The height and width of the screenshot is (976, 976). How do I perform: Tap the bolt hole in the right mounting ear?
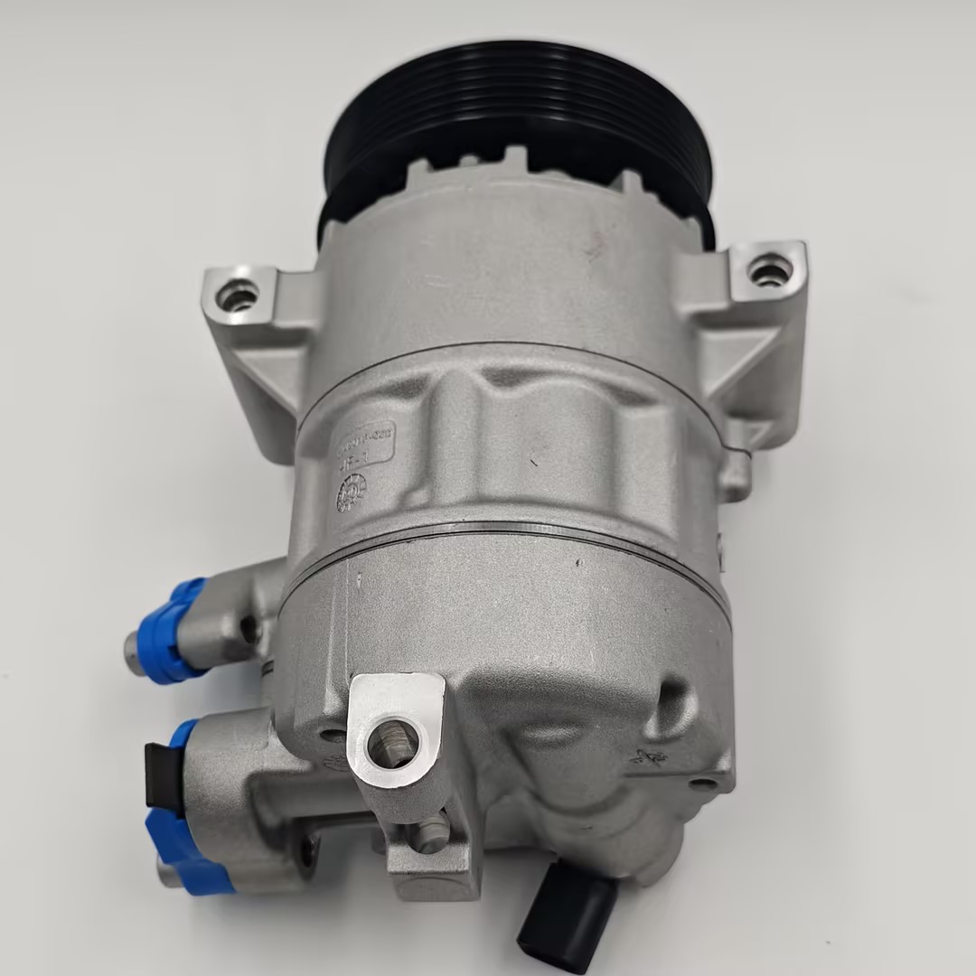click(x=769, y=268)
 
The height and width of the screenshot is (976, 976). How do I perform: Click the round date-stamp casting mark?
click(x=352, y=493)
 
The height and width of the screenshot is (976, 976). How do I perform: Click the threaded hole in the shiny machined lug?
click(x=390, y=744)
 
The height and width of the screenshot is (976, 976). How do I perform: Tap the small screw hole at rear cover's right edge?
click(x=701, y=783)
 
